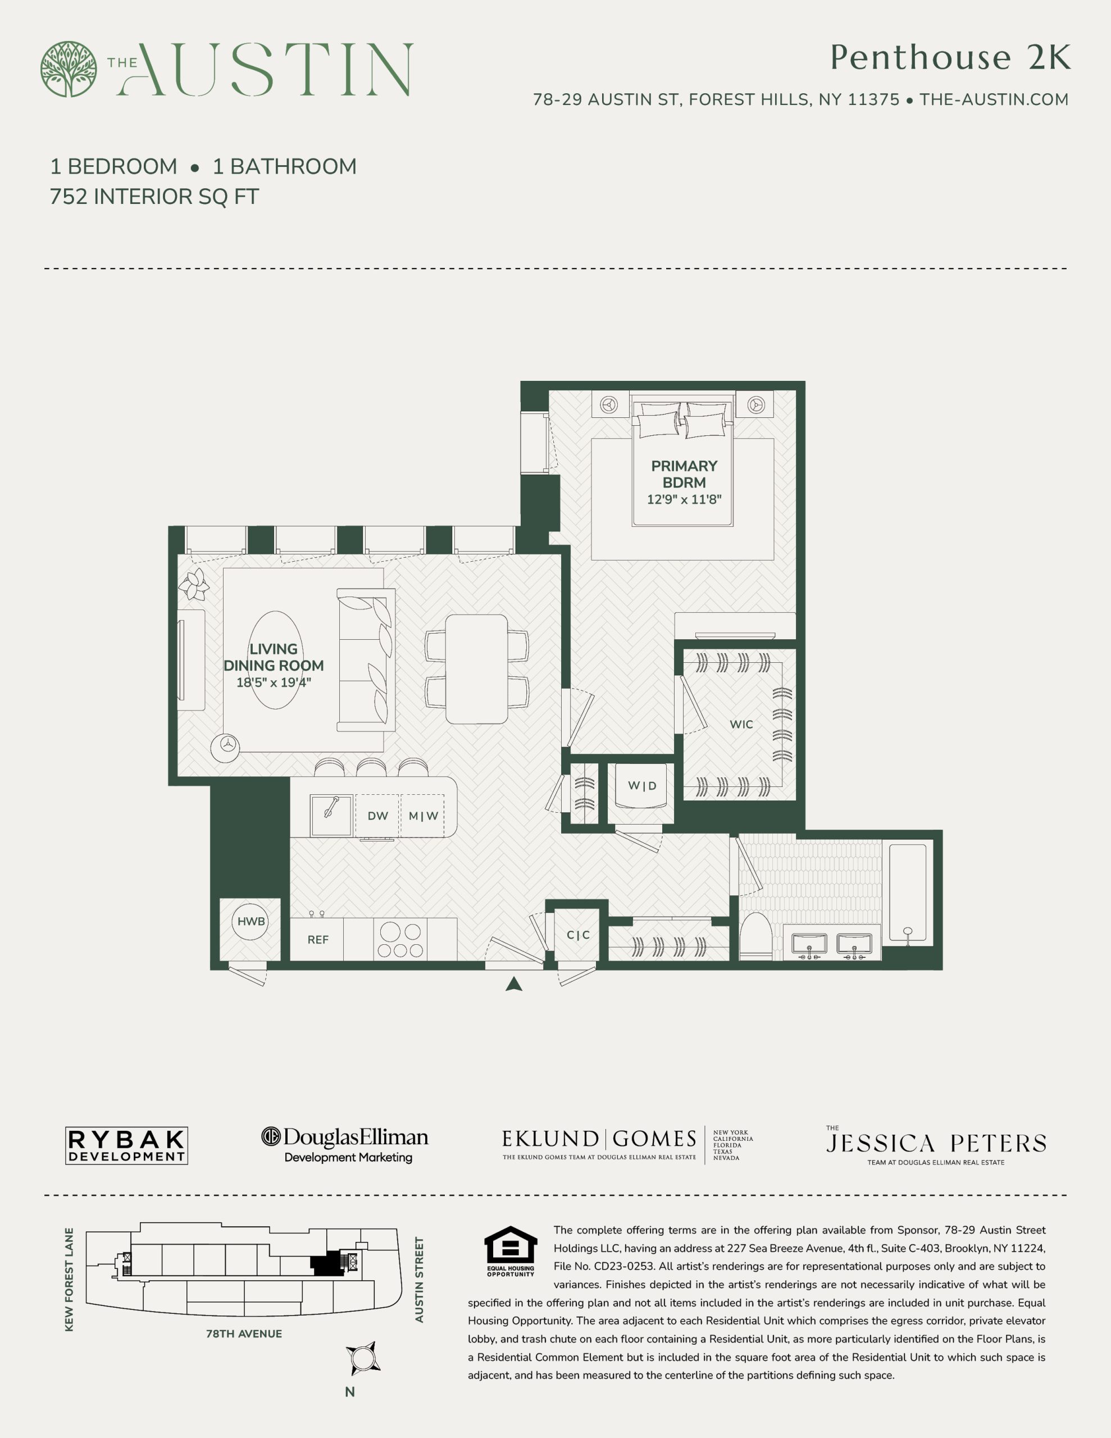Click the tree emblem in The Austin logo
(x=69, y=69)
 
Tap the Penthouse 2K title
(x=950, y=57)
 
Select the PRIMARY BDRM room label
(x=684, y=474)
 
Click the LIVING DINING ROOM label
(x=274, y=657)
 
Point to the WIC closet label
(x=741, y=724)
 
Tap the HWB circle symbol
(x=251, y=921)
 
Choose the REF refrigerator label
(x=317, y=940)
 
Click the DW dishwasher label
(x=377, y=816)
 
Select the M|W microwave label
(x=423, y=816)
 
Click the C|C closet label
(x=578, y=935)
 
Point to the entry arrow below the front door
(x=514, y=984)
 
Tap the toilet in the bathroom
(x=755, y=936)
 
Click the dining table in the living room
(x=476, y=669)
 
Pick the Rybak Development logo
(x=126, y=1146)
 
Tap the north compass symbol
(x=362, y=1358)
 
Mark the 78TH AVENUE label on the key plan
(x=244, y=1334)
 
